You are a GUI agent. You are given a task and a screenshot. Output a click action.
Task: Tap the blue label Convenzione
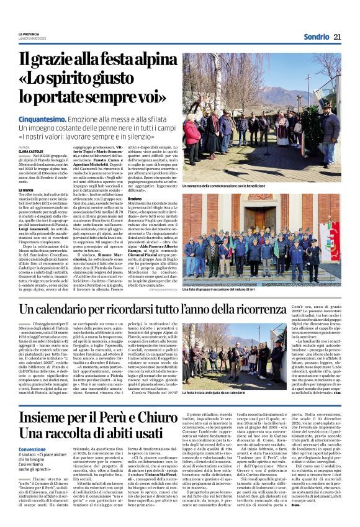(x=32, y=449)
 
